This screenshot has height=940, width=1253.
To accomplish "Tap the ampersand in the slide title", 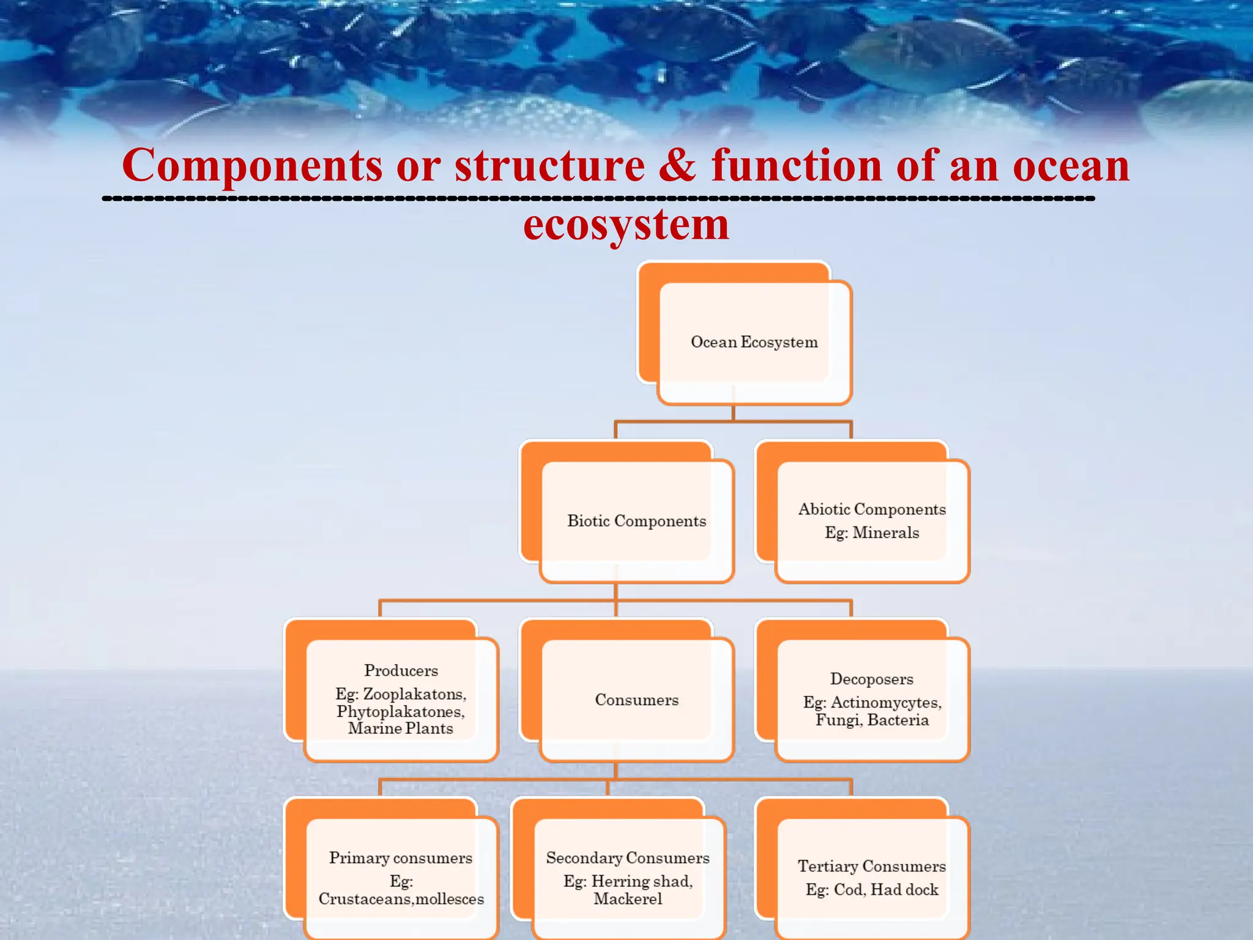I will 678,165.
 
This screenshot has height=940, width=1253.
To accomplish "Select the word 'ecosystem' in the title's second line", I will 626,225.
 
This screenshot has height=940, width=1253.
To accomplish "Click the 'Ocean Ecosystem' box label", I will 754,342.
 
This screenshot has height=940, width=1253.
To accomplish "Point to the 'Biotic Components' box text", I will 636,521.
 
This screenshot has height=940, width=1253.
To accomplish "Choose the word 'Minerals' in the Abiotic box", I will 885,533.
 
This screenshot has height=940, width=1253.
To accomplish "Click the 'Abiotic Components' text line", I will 872,509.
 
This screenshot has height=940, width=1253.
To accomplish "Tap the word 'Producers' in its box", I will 401,671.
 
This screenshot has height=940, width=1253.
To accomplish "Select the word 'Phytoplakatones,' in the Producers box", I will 401,712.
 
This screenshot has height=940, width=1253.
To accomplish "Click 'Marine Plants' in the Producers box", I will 401,728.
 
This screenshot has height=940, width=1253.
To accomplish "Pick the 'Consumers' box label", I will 636,700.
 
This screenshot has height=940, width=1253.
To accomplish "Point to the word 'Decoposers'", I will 871,679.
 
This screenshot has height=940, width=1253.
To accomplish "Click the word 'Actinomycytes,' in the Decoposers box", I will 886,703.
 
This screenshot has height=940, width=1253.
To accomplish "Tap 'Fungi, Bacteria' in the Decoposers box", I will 872,720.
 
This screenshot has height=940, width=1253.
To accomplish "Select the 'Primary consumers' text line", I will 401,858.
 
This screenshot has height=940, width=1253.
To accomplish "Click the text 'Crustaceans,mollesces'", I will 401,899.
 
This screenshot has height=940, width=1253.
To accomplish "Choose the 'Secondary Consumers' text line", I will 628,858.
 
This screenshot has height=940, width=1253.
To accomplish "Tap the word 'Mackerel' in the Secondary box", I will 628,899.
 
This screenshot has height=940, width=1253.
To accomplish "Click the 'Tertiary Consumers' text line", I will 871,867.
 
